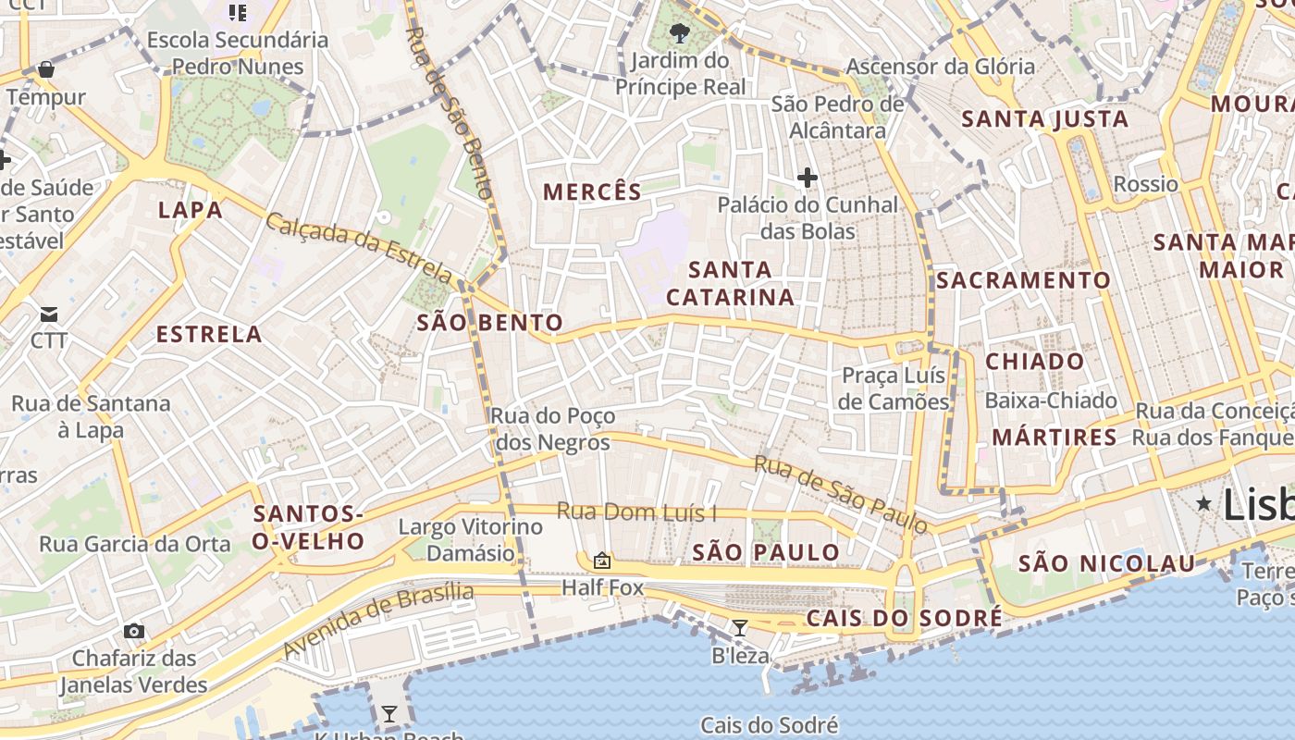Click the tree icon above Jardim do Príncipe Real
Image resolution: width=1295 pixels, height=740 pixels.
[x=680, y=34]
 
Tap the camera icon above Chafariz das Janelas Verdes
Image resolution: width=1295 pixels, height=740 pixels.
[x=134, y=631]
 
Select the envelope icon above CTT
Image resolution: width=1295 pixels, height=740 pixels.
[x=49, y=314]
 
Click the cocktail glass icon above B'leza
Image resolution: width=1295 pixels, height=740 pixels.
[x=739, y=629]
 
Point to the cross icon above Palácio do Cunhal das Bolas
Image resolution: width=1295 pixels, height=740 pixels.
[x=808, y=177]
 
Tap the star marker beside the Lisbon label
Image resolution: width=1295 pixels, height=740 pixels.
[x=1203, y=503]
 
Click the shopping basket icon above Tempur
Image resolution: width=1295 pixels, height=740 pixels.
[x=46, y=69]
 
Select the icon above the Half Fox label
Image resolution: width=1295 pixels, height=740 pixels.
[x=602, y=560]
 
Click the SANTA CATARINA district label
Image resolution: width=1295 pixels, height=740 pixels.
[x=730, y=283]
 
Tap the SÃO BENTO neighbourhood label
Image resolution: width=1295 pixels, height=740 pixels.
[x=490, y=323]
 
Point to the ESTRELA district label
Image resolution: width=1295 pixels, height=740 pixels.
[x=209, y=334]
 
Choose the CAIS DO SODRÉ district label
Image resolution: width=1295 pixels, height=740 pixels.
[x=904, y=618]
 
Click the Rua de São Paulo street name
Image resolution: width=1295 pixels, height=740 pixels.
[x=840, y=494]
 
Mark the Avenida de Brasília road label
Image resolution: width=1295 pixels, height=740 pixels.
[x=377, y=622]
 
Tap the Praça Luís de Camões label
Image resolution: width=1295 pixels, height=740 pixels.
[x=894, y=388]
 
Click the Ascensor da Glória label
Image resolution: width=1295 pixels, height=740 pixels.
[x=940, y=67]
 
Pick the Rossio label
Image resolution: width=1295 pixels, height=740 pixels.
[x=1145, y=184]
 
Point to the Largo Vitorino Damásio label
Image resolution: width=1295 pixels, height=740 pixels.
[x=470, y=540]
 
